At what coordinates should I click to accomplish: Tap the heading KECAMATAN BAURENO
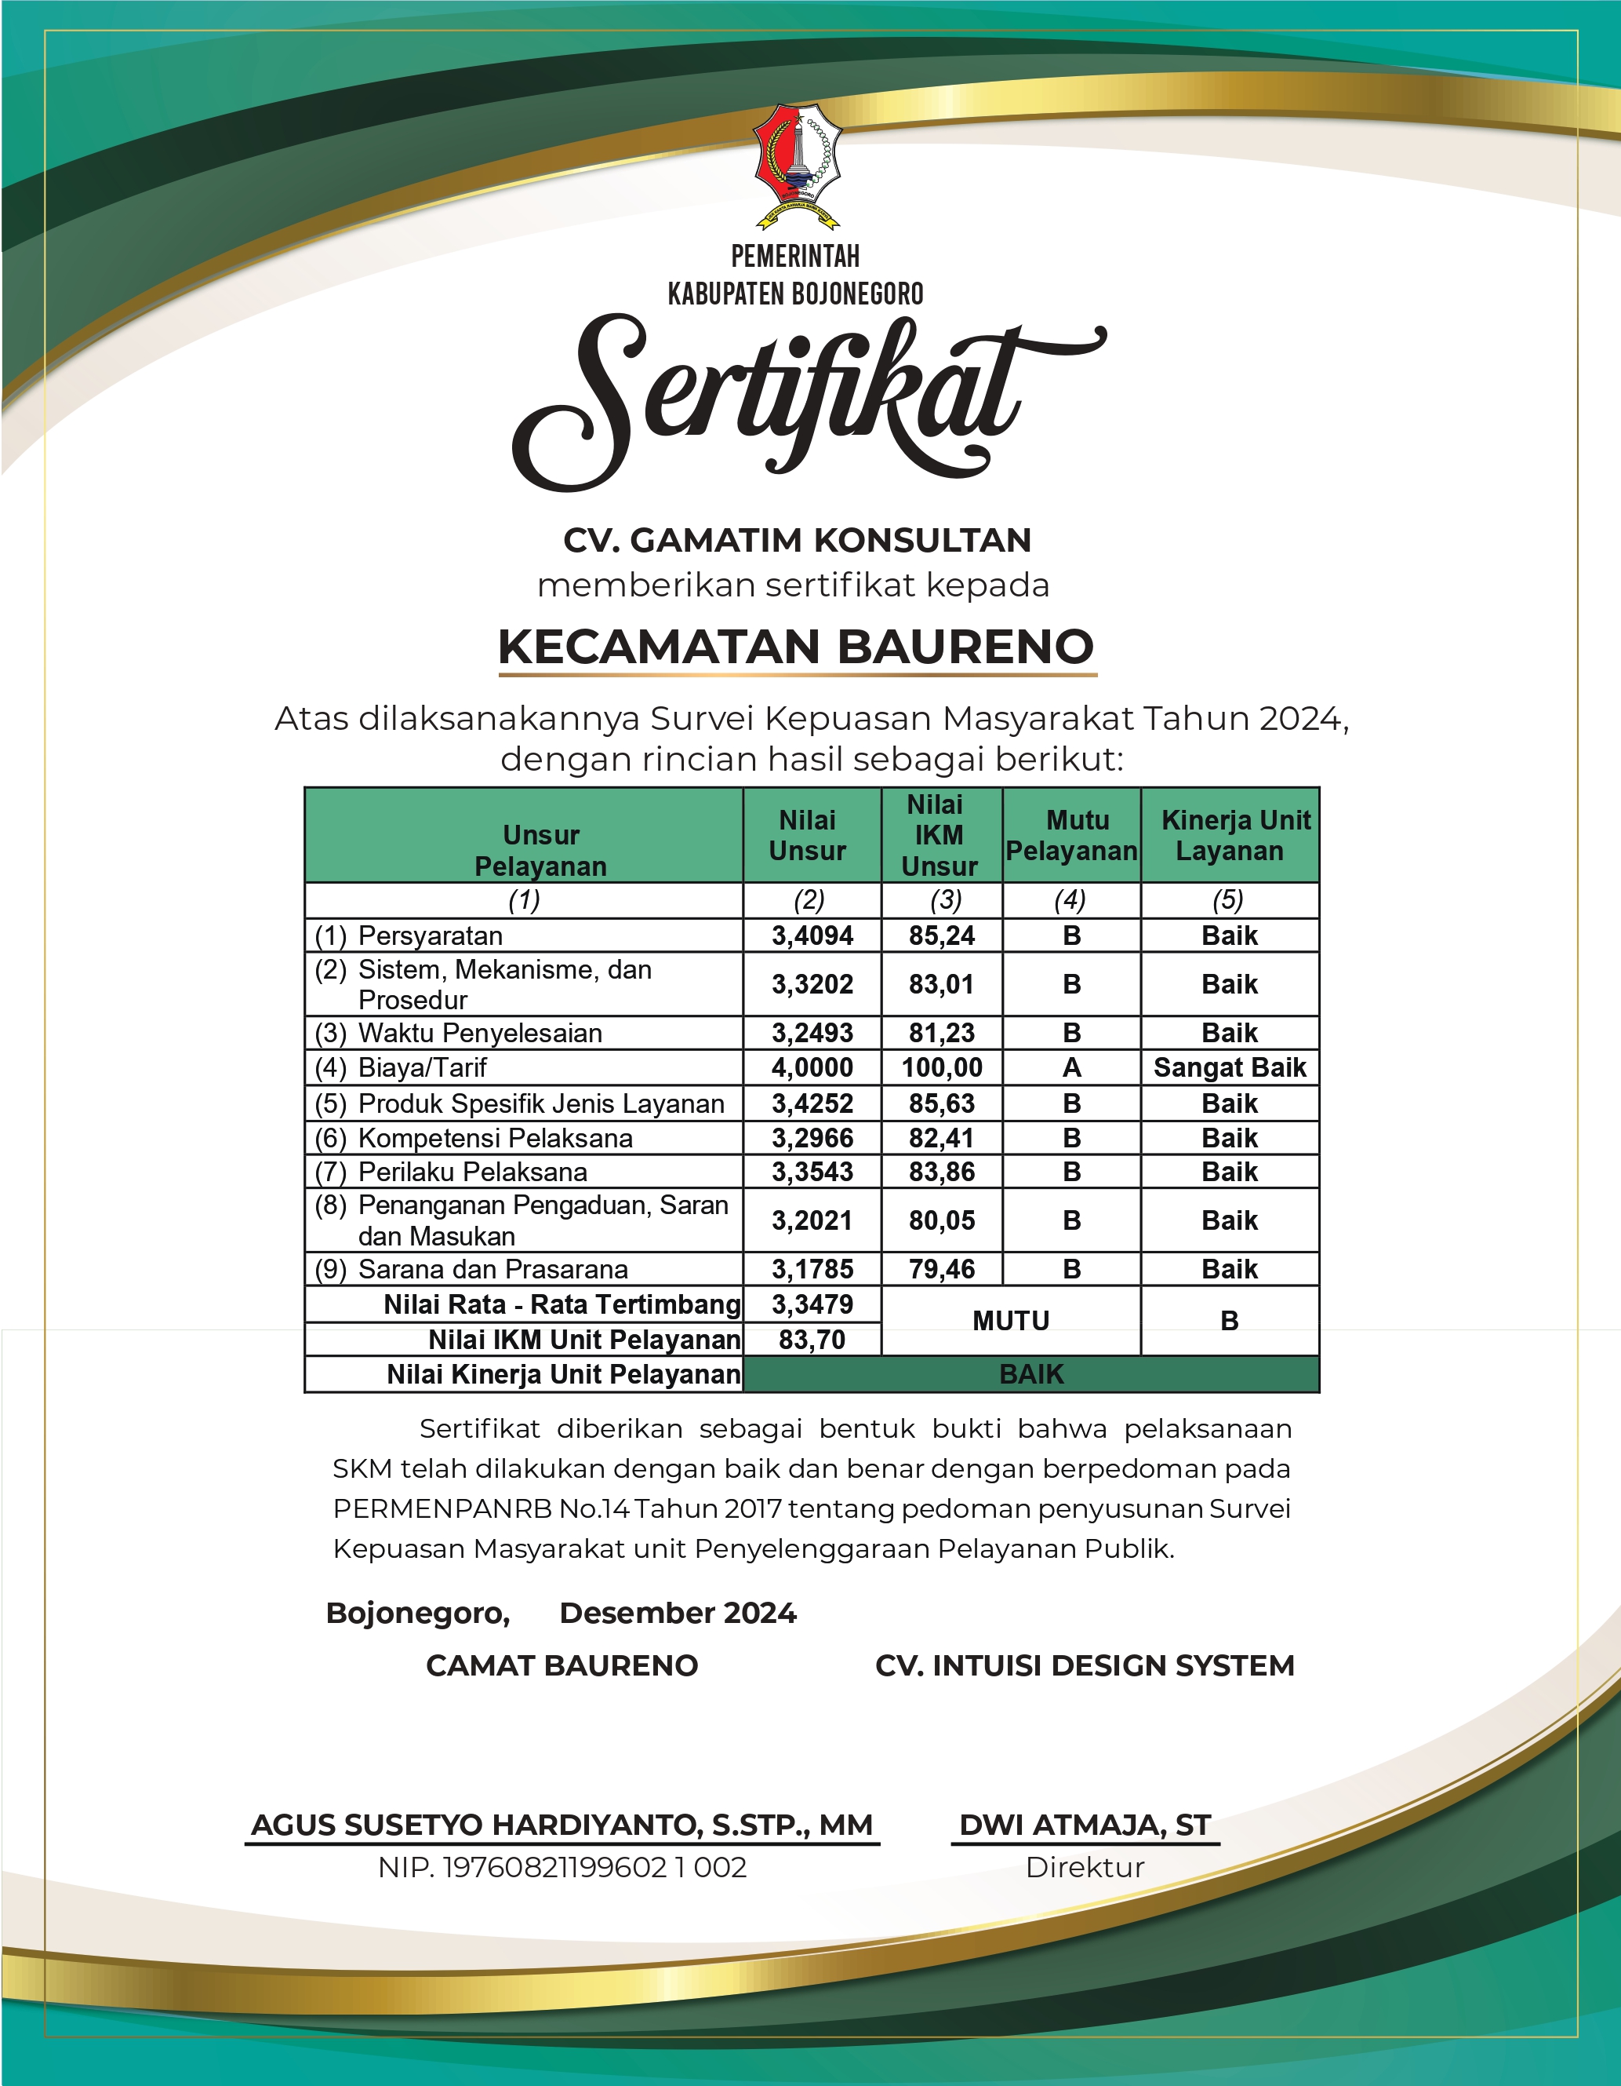click(x=796, y=647)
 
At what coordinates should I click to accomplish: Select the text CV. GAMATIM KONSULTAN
click(x=797, y=541)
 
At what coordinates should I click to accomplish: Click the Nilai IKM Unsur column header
click(x=940, y=836)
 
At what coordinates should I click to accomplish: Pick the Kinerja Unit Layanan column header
click(x=1230, y=836)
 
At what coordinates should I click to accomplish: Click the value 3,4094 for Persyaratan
click(x=812, y=936)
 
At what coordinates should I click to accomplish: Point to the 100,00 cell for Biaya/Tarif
click(x=941, y=1068)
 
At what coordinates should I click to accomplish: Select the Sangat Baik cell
click(x=1230, y=1068)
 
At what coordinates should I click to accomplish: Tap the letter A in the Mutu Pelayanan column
click(x=1071, y=1068)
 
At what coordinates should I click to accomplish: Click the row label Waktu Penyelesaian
click(x=480, y=1034)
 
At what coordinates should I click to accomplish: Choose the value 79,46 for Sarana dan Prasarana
click(x=941, y=1269)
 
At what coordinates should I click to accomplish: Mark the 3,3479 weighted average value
click(x=812, y=1304)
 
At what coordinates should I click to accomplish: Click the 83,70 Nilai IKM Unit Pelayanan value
click(x=812, y=1340)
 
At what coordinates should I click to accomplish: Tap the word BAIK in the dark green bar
click(x=1031, y=1374)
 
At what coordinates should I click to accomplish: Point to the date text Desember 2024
click(x=678, y=1614)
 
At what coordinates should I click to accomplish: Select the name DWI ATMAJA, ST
click(x=1085, y=1825)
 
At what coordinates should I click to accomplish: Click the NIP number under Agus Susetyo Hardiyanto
click(x=562, y=1867)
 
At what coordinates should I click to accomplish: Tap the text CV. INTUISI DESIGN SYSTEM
click(x=1085, y=1666)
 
